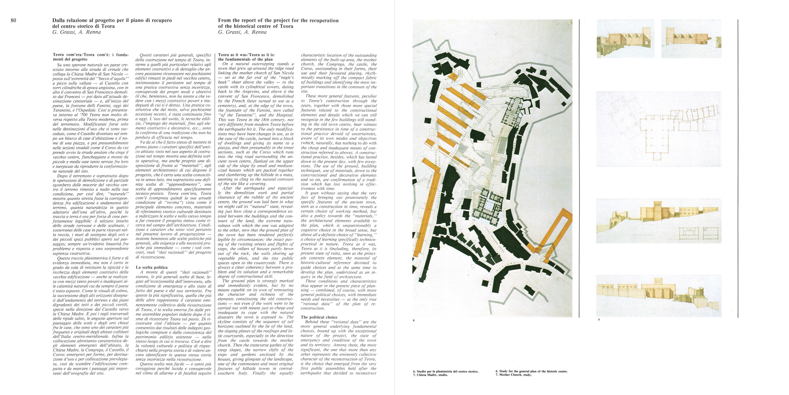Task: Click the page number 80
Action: pos(13,21)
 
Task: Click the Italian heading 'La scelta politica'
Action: pos(151,267)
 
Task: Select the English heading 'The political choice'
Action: pos(319,317)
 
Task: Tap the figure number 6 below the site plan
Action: pos(413,320)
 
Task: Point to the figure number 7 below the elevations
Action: pos(598,320)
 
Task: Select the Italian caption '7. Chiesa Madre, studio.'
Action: pos(430,375)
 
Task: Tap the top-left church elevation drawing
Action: pos(625,39)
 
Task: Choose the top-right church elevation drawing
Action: pos(691,39)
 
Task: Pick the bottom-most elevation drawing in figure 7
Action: pos(659,295)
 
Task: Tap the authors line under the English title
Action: pos(242,32)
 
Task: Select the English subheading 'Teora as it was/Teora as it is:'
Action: pos(246,55)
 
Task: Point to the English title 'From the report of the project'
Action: pos(278,21)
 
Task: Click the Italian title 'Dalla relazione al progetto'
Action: pos(112,21)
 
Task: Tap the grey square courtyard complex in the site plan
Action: pos(488,206)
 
